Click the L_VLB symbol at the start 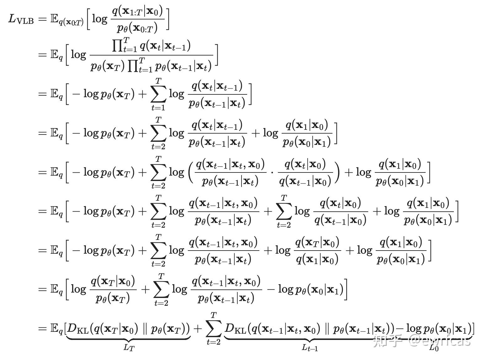click(21, 19)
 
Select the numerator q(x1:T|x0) click(138, 11)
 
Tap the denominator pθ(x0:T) click(137, 28)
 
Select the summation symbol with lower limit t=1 click(158, 94)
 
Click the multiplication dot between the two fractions click(272, 172)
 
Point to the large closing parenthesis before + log click(337, 172)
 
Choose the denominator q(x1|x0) click(317, 259)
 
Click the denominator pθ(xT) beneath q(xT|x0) click(113, 298)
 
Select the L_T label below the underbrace click(129, 347)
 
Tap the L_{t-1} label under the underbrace click(310, 347)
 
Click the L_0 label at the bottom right click(434, 347)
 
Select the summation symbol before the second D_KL click(214, 328)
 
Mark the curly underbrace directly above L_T click(128, 339)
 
